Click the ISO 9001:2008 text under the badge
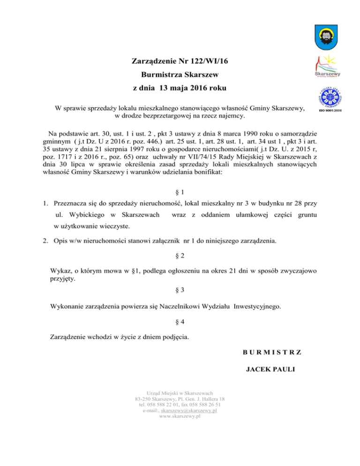coord(331,110)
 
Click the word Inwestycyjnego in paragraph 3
coord(257,307)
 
